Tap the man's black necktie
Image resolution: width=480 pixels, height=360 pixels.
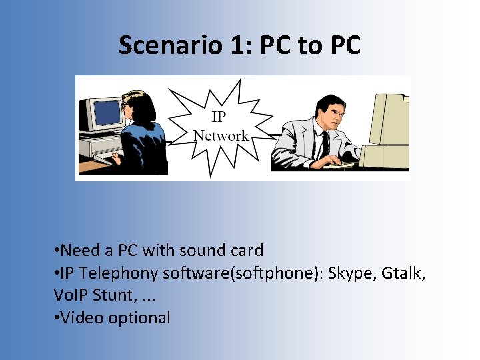point(325,143)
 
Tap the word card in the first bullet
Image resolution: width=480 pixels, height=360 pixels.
point(247,251)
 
